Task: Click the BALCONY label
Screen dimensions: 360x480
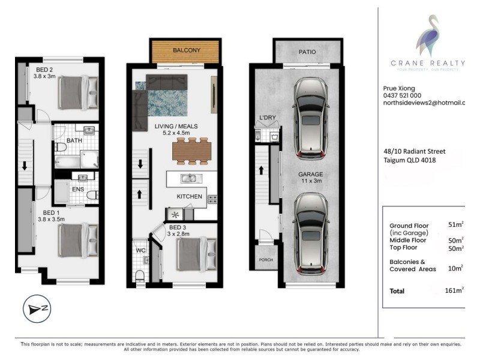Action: tap(187, 50)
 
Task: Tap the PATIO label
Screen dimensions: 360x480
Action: tap(308, 52)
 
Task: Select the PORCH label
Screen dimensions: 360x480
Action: tap(265, 260)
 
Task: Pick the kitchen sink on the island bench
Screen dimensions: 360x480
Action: tap(190, 178)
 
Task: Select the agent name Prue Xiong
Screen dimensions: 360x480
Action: tap(398, 88)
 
